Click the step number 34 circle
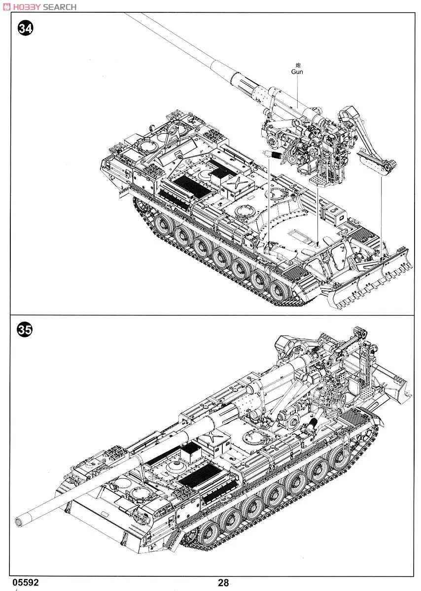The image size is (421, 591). click(x=25, y=29)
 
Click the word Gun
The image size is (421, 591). click(x=297, y=72)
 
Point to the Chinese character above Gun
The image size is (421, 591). click(x=297, y=65)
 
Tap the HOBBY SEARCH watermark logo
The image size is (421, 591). click(x=39, y=7)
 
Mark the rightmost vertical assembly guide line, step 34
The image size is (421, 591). click(x=381, y=212)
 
